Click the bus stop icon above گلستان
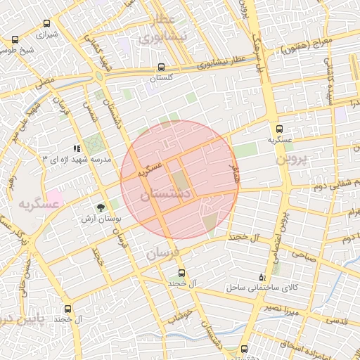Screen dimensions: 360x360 pos(162,68)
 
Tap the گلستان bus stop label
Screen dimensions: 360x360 pos(162,79)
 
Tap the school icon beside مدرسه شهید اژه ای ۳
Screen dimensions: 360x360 pos(76,149)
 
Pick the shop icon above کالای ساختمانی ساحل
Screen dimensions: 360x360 pos(262,276)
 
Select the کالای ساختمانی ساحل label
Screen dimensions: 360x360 pos(262,288)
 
